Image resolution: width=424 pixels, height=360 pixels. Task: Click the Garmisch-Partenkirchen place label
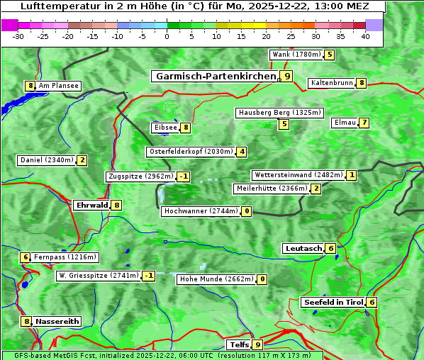215,76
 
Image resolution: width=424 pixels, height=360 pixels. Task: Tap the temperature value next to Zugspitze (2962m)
184,176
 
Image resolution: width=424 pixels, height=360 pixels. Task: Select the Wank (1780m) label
296,55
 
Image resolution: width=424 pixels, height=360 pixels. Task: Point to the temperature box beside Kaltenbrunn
361,83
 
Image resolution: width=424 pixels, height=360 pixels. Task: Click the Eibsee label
164,128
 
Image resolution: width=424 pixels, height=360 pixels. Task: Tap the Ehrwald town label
91,205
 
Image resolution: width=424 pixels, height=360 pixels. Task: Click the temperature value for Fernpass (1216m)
26,257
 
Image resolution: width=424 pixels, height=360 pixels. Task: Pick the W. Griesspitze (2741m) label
98,276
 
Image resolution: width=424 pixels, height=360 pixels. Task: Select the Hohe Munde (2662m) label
216,279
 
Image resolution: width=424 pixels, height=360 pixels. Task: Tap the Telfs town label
238,344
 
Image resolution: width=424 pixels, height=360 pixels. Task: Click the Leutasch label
303,248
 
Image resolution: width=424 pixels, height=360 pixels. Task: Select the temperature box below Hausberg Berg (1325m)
284,124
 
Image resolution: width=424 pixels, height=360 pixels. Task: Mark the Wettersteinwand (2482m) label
298,175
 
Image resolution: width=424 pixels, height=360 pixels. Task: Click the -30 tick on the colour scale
18,36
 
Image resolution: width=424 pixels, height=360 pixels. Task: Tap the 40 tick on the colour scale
365,36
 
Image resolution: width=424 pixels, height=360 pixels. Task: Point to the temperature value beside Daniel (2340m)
82,160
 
